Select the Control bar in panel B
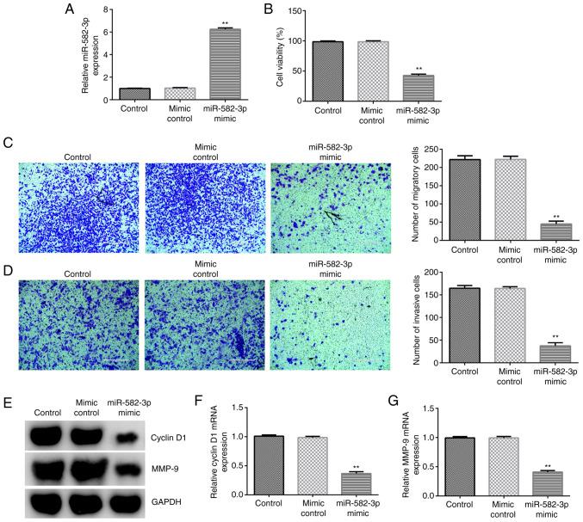click(x=327, y=71)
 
